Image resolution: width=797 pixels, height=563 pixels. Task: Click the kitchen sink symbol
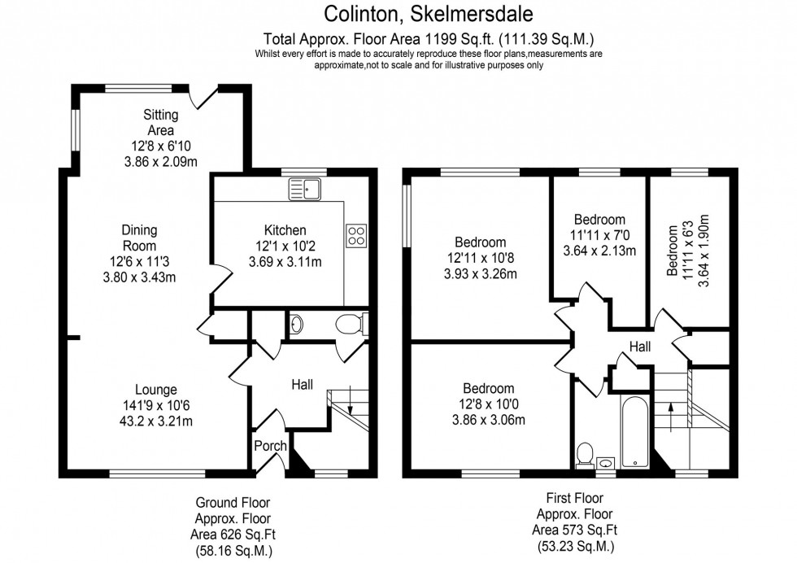pos(305,189)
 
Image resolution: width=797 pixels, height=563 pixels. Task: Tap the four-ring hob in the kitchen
pos(356,235)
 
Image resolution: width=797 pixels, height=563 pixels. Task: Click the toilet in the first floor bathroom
pos(584,455)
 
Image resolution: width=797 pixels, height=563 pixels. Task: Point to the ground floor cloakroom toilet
pos(351,325)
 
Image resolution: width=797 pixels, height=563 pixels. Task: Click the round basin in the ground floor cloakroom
pos(298,325)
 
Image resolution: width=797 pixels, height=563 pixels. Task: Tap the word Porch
pos(270,445)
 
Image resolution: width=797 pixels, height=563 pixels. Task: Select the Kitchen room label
pos(285,229)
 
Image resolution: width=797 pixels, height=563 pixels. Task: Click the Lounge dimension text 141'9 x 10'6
pos(157,405)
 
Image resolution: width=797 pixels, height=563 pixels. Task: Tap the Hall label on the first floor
pos(639,347)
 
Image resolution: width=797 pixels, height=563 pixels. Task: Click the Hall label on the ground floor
pos(303,384)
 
